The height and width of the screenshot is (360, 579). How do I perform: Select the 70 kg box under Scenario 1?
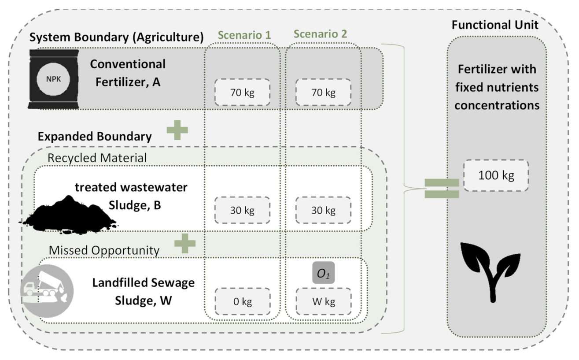(242, 93)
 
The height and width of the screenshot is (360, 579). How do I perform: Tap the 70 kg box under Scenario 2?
(323, 93)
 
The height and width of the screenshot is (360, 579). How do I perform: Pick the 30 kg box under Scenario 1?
(242, 210)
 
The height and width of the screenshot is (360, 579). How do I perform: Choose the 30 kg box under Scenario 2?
(323, 210)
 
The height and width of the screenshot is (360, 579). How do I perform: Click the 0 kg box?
(242, 301)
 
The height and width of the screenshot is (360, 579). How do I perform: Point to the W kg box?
(323, 301)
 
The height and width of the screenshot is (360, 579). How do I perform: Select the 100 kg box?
(496, 175)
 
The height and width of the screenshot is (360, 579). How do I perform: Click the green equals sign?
(442, 189)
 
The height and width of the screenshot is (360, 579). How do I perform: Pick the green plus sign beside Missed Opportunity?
(185, 243)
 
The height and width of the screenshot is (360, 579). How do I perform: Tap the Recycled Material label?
(97, 158)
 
